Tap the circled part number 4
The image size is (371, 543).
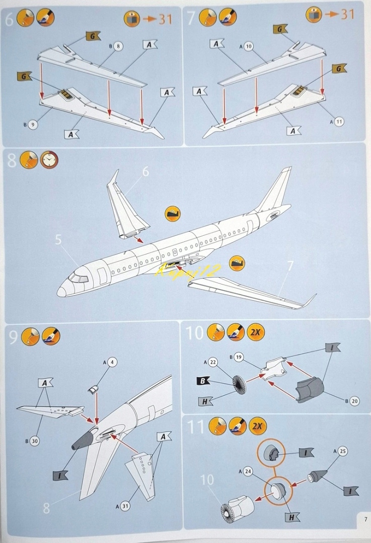112,362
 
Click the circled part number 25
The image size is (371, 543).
343,451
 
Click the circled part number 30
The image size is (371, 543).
34,441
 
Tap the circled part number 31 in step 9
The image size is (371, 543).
125,506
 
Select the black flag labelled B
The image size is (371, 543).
203,381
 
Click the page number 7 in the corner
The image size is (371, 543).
363,519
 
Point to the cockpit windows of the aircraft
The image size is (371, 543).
78,277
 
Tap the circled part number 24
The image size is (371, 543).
248,472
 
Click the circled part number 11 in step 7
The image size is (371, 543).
339,122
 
